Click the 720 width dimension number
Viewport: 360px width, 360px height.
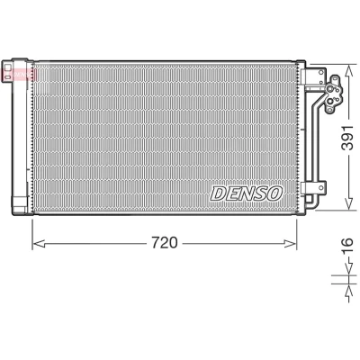pyautogui.click(x=165, y=242)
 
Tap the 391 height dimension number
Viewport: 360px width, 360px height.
pyautogui.click(x=348, y=138)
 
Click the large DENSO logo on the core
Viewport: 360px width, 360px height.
pyautogui.click(x=246, y=193)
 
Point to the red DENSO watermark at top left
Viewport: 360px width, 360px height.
pyautogui.click(x=19, y=75)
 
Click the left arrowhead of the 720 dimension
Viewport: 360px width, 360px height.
pyautogui.click(x=39, y=244)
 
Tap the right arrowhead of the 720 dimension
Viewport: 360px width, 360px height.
pyautogui.click(x=290, y=244)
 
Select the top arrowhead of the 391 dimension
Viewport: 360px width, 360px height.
pyautogui.click(x=348, y=72)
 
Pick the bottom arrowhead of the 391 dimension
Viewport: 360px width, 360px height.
pyautogui.click(x=348, y=202)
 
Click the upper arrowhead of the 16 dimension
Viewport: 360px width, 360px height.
pyautogui.click(x=348, y=268)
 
